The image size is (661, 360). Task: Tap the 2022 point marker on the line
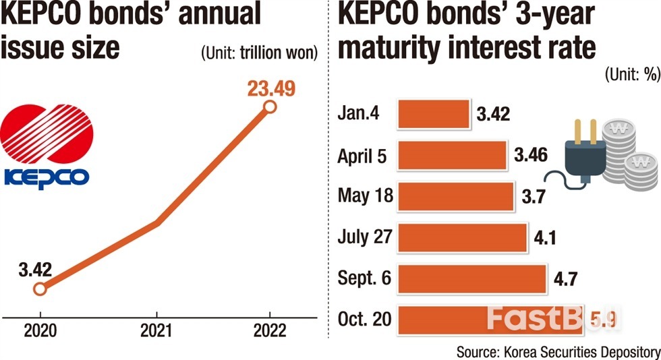(269, 107)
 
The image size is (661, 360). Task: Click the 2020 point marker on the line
(39, 289)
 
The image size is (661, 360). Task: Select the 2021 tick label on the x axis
(156, 331)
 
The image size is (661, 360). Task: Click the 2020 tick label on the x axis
(39, 331)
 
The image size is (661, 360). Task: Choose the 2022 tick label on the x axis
(269, 331)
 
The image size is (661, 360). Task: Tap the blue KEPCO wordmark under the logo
(46, 177)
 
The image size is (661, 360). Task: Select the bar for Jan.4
(433, 114)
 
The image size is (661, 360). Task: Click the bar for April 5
(452, 155)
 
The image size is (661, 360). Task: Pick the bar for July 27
(462, 237)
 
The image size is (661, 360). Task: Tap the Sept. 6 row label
(364, 278)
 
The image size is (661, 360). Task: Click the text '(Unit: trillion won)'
(258, 53)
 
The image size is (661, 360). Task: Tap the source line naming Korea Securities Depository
(558, 351)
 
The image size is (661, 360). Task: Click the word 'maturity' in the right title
(395, 47)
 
